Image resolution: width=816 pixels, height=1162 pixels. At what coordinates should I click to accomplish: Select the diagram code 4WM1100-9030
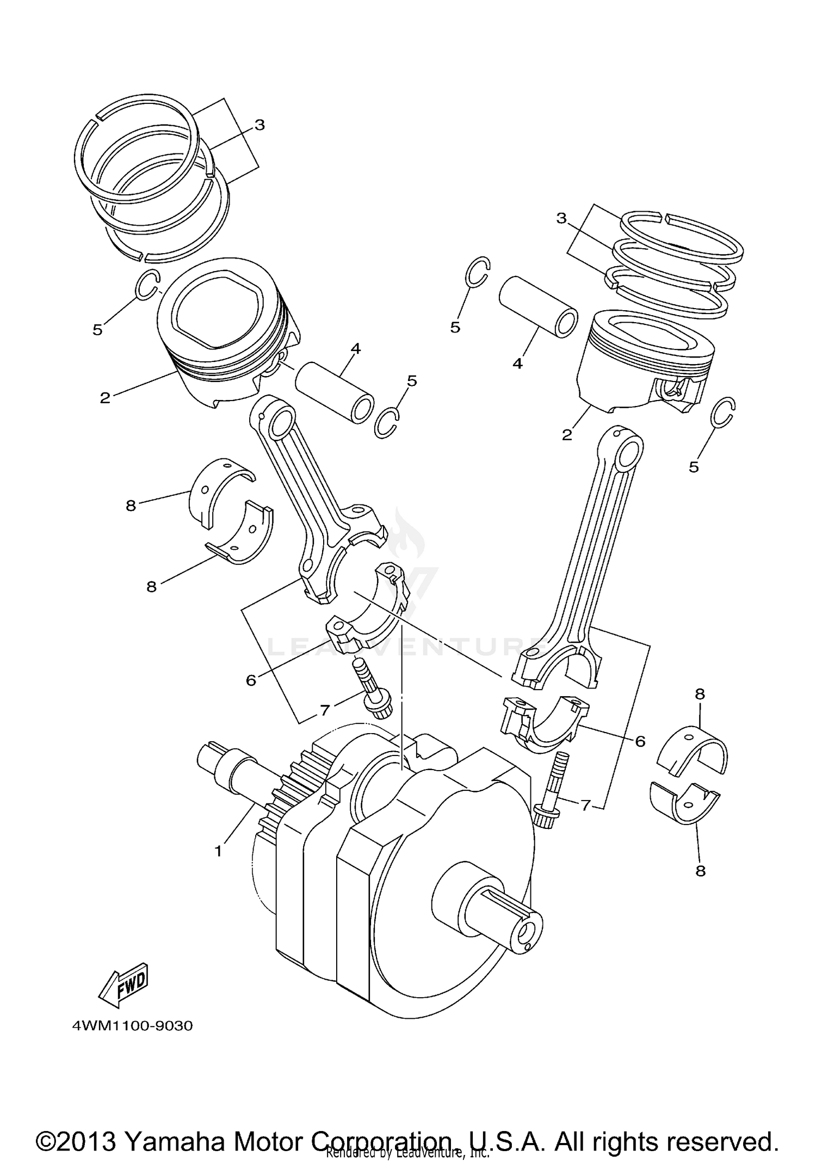[132, 1026]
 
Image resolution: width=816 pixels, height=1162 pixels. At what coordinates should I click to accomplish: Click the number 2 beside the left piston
[105, 398]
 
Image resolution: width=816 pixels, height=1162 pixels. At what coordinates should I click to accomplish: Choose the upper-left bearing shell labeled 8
[222, 488]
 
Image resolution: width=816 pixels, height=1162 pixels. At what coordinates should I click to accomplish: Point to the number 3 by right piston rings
[561, 218]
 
